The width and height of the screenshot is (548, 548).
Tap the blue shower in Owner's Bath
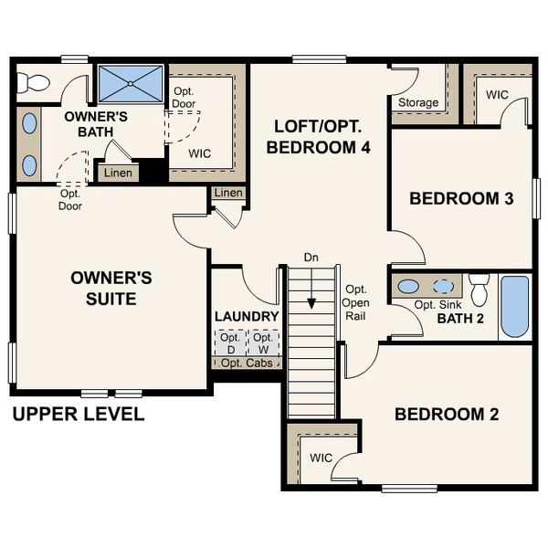click(130, 83)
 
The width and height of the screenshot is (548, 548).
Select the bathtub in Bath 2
click(514, 307)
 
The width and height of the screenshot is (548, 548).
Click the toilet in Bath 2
click(479, 288)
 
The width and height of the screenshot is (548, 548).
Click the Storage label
click(416, 102)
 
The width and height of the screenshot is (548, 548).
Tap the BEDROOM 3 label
click(461, 198)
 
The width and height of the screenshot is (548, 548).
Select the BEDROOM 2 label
click(447, 414)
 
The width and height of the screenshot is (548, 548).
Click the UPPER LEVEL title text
click(79, 414)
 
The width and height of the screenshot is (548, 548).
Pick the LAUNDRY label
click(247, 316)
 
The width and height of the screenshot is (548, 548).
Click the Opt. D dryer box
click(230, 342)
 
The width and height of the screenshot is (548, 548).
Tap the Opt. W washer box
click(263, 342)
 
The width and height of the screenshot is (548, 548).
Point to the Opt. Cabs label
click(247, 363)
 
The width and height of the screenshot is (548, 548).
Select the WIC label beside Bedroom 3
click(497, 94)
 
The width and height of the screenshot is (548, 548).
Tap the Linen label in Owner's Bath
click(117, 173)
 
